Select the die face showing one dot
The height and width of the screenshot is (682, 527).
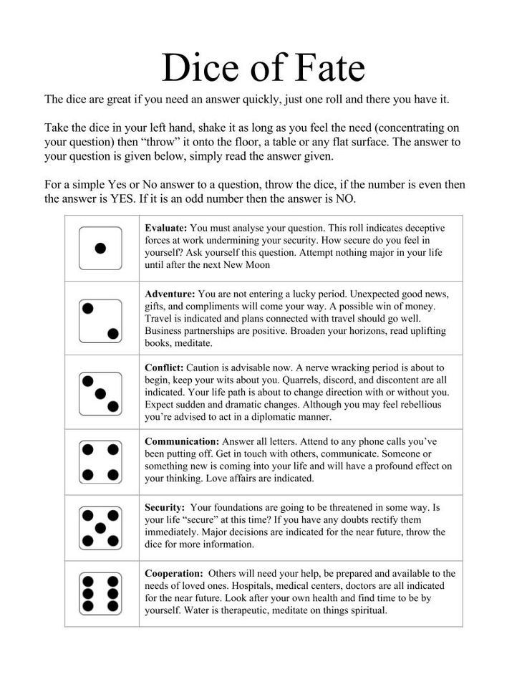[x=101, y=248]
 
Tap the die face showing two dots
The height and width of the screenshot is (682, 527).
[x=101, y=321]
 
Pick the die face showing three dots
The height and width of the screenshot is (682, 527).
[x=101, y=393]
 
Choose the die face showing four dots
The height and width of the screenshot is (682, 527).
[x=101, y=462]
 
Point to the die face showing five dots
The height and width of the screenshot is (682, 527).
[x=101, y=528]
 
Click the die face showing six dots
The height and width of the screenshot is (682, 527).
[x=101, y=593]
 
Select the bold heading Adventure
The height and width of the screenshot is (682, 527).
[x=170, y=294]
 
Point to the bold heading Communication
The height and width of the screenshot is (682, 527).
[x=182, y=441]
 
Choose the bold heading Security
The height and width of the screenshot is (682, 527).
[x=165, y=506]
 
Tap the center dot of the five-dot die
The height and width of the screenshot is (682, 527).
[x=101, y=528]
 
